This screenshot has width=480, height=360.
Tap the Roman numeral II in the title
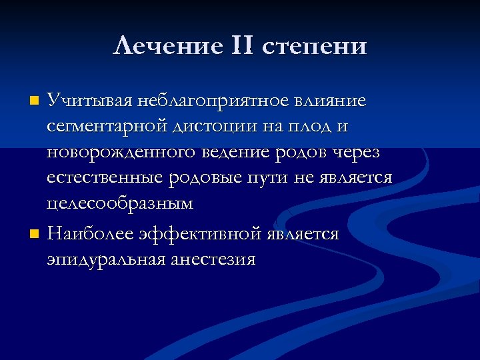[x=233, y=46]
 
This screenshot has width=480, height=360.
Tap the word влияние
[x=333, y=101]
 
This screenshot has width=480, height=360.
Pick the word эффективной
[x=200, y=234]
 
